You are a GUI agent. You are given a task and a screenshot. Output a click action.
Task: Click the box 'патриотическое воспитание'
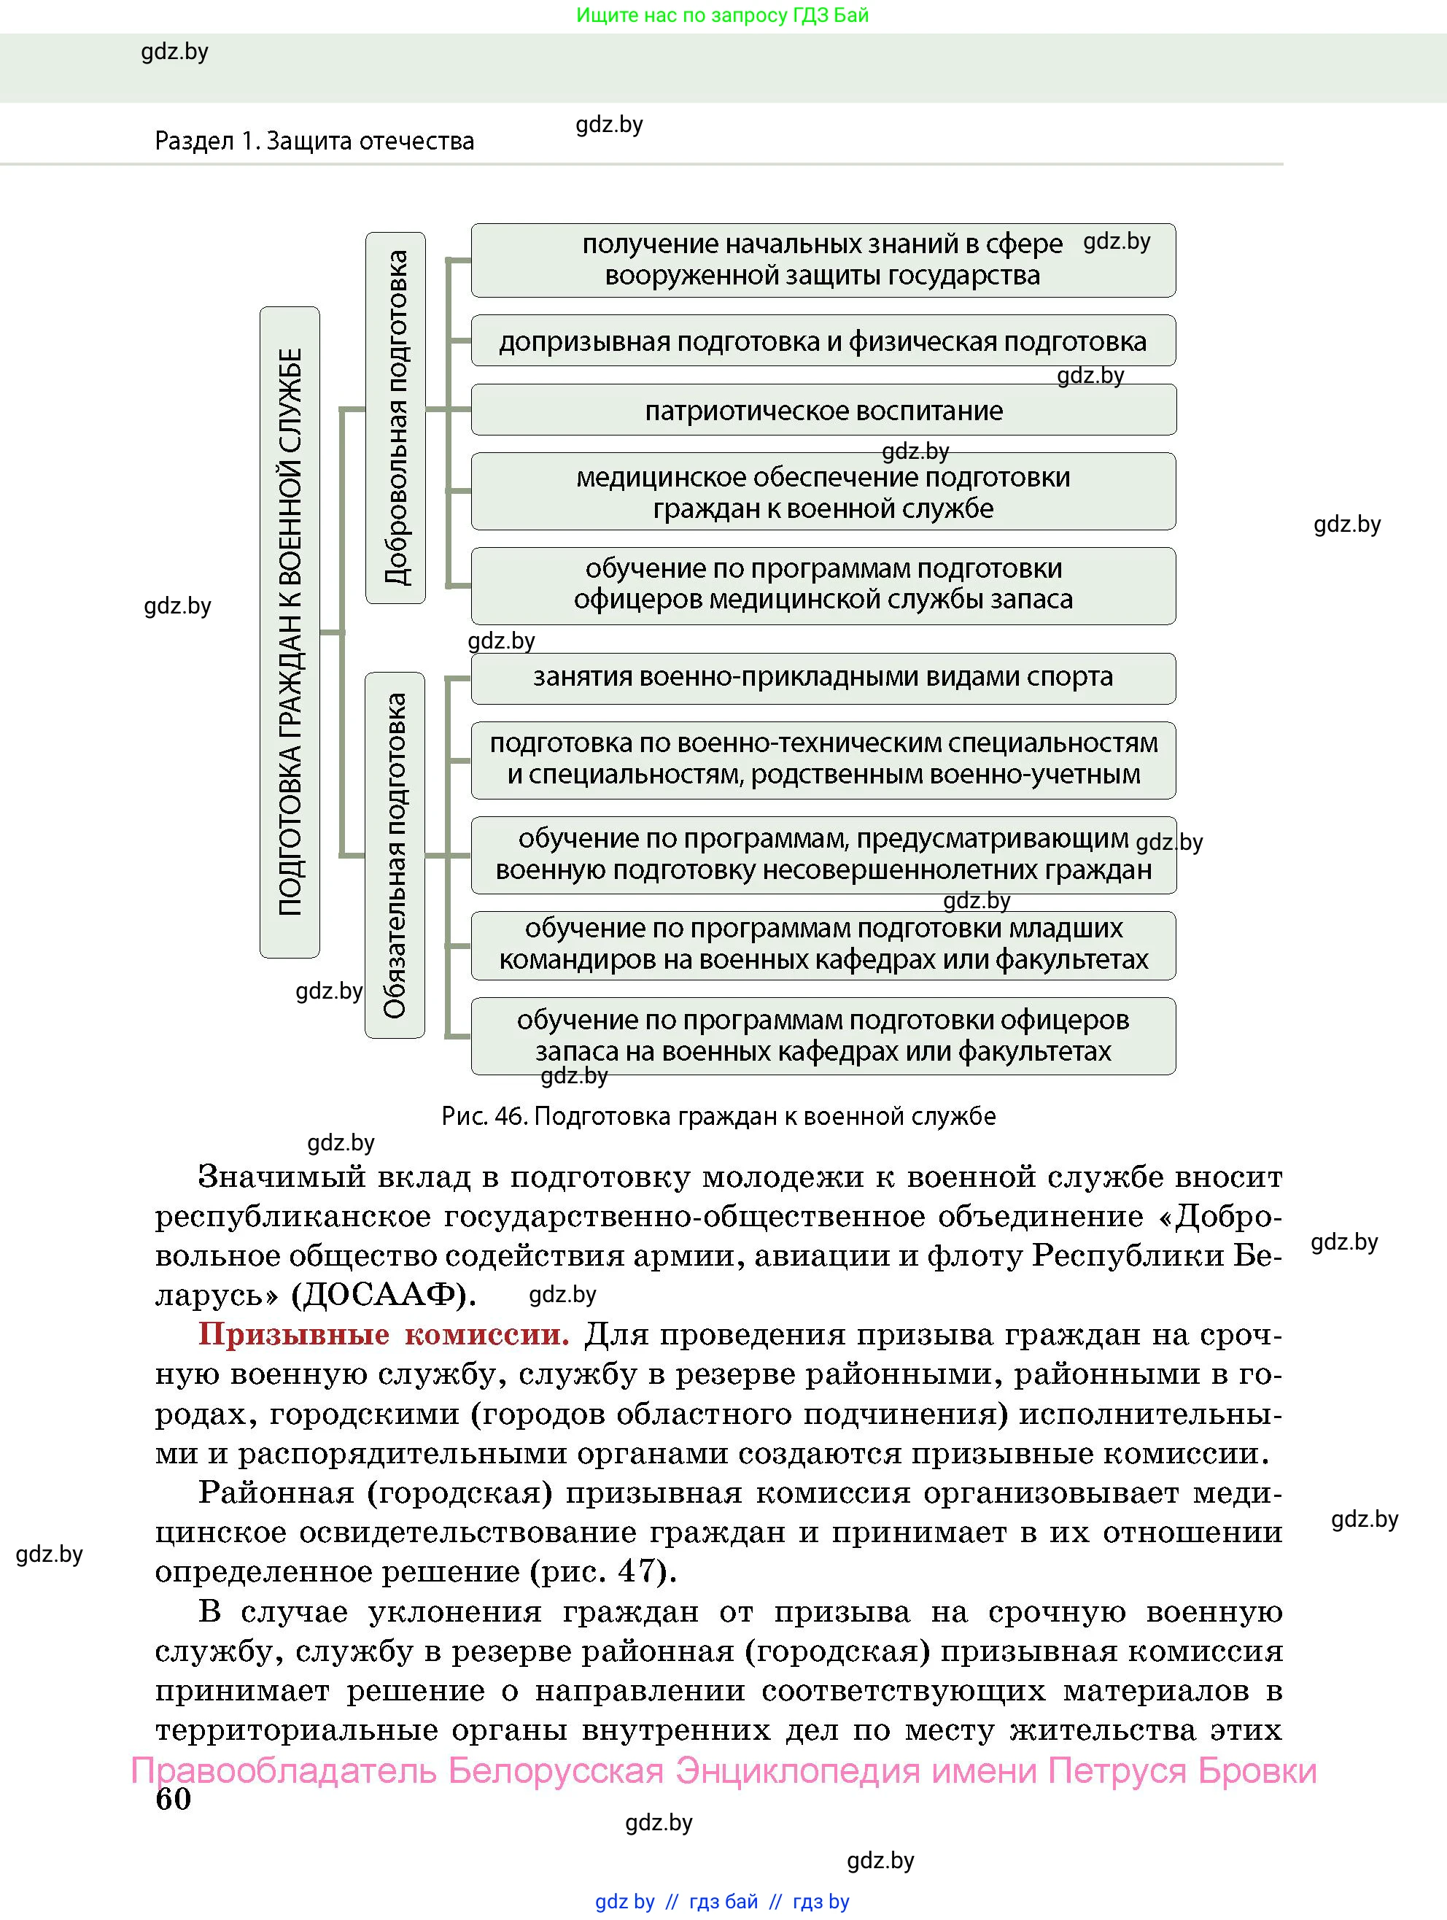pos(823,410)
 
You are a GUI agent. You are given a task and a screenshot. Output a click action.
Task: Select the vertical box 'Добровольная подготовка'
pos(396,417)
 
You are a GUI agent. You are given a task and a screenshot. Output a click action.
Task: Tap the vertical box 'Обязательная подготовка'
pos(395,855)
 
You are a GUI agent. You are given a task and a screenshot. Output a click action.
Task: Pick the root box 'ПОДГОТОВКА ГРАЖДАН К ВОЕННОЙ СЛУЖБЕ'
pos(290,632)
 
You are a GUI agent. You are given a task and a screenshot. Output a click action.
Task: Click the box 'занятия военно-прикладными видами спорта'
pos(823,677)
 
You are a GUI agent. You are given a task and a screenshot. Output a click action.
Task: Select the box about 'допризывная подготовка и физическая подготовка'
pos(823,341)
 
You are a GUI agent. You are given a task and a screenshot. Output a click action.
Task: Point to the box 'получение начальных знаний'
pos(823,260)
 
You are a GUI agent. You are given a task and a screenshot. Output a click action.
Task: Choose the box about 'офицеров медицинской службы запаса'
pos(823,584)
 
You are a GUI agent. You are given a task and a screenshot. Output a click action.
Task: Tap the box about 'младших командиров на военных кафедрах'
pos(823,945)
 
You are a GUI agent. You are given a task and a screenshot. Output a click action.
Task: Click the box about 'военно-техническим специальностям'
pos(823,759)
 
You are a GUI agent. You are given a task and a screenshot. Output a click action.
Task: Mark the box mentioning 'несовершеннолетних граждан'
pos(823,854)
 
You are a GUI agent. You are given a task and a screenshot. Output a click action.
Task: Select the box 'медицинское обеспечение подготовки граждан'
pos(823,491)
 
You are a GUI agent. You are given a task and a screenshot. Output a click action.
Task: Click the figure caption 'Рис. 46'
pos(718,1116)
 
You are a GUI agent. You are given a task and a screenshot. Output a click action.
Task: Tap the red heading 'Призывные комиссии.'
pos(384,1334)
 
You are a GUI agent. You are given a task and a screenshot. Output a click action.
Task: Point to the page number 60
pos(173,1798)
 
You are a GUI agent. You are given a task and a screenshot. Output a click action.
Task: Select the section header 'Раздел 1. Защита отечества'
pos(314,141)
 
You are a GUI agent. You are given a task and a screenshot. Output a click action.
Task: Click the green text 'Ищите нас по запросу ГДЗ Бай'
pos(722,15)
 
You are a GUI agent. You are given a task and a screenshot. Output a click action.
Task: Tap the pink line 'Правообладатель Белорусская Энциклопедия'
pos(723,1770)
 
